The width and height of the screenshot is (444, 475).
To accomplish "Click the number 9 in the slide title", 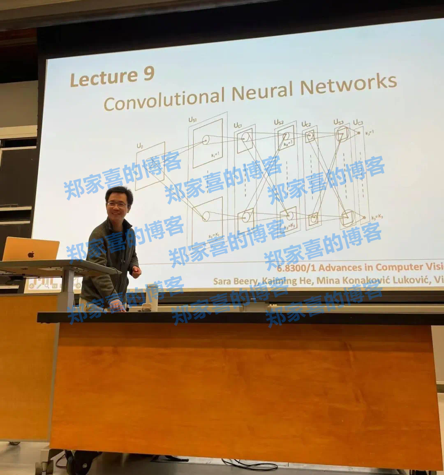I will pos(149,74).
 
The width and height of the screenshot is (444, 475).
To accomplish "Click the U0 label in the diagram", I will pos(140,146).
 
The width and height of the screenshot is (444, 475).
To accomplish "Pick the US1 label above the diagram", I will pos(192,120).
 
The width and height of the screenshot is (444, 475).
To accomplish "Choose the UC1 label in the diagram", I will pos(238,125).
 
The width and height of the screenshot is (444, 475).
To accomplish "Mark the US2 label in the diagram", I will pos(279,122).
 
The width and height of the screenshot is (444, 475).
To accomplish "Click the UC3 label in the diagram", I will pos(358,122).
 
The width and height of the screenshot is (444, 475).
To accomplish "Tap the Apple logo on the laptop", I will pos(31,254).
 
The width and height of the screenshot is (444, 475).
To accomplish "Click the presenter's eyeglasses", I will pos(118,204).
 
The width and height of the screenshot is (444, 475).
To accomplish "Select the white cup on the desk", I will pos(152,297).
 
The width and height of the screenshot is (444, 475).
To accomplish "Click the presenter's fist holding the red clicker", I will pos(135,272).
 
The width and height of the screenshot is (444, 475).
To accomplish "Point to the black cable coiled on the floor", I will pos(251,465).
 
